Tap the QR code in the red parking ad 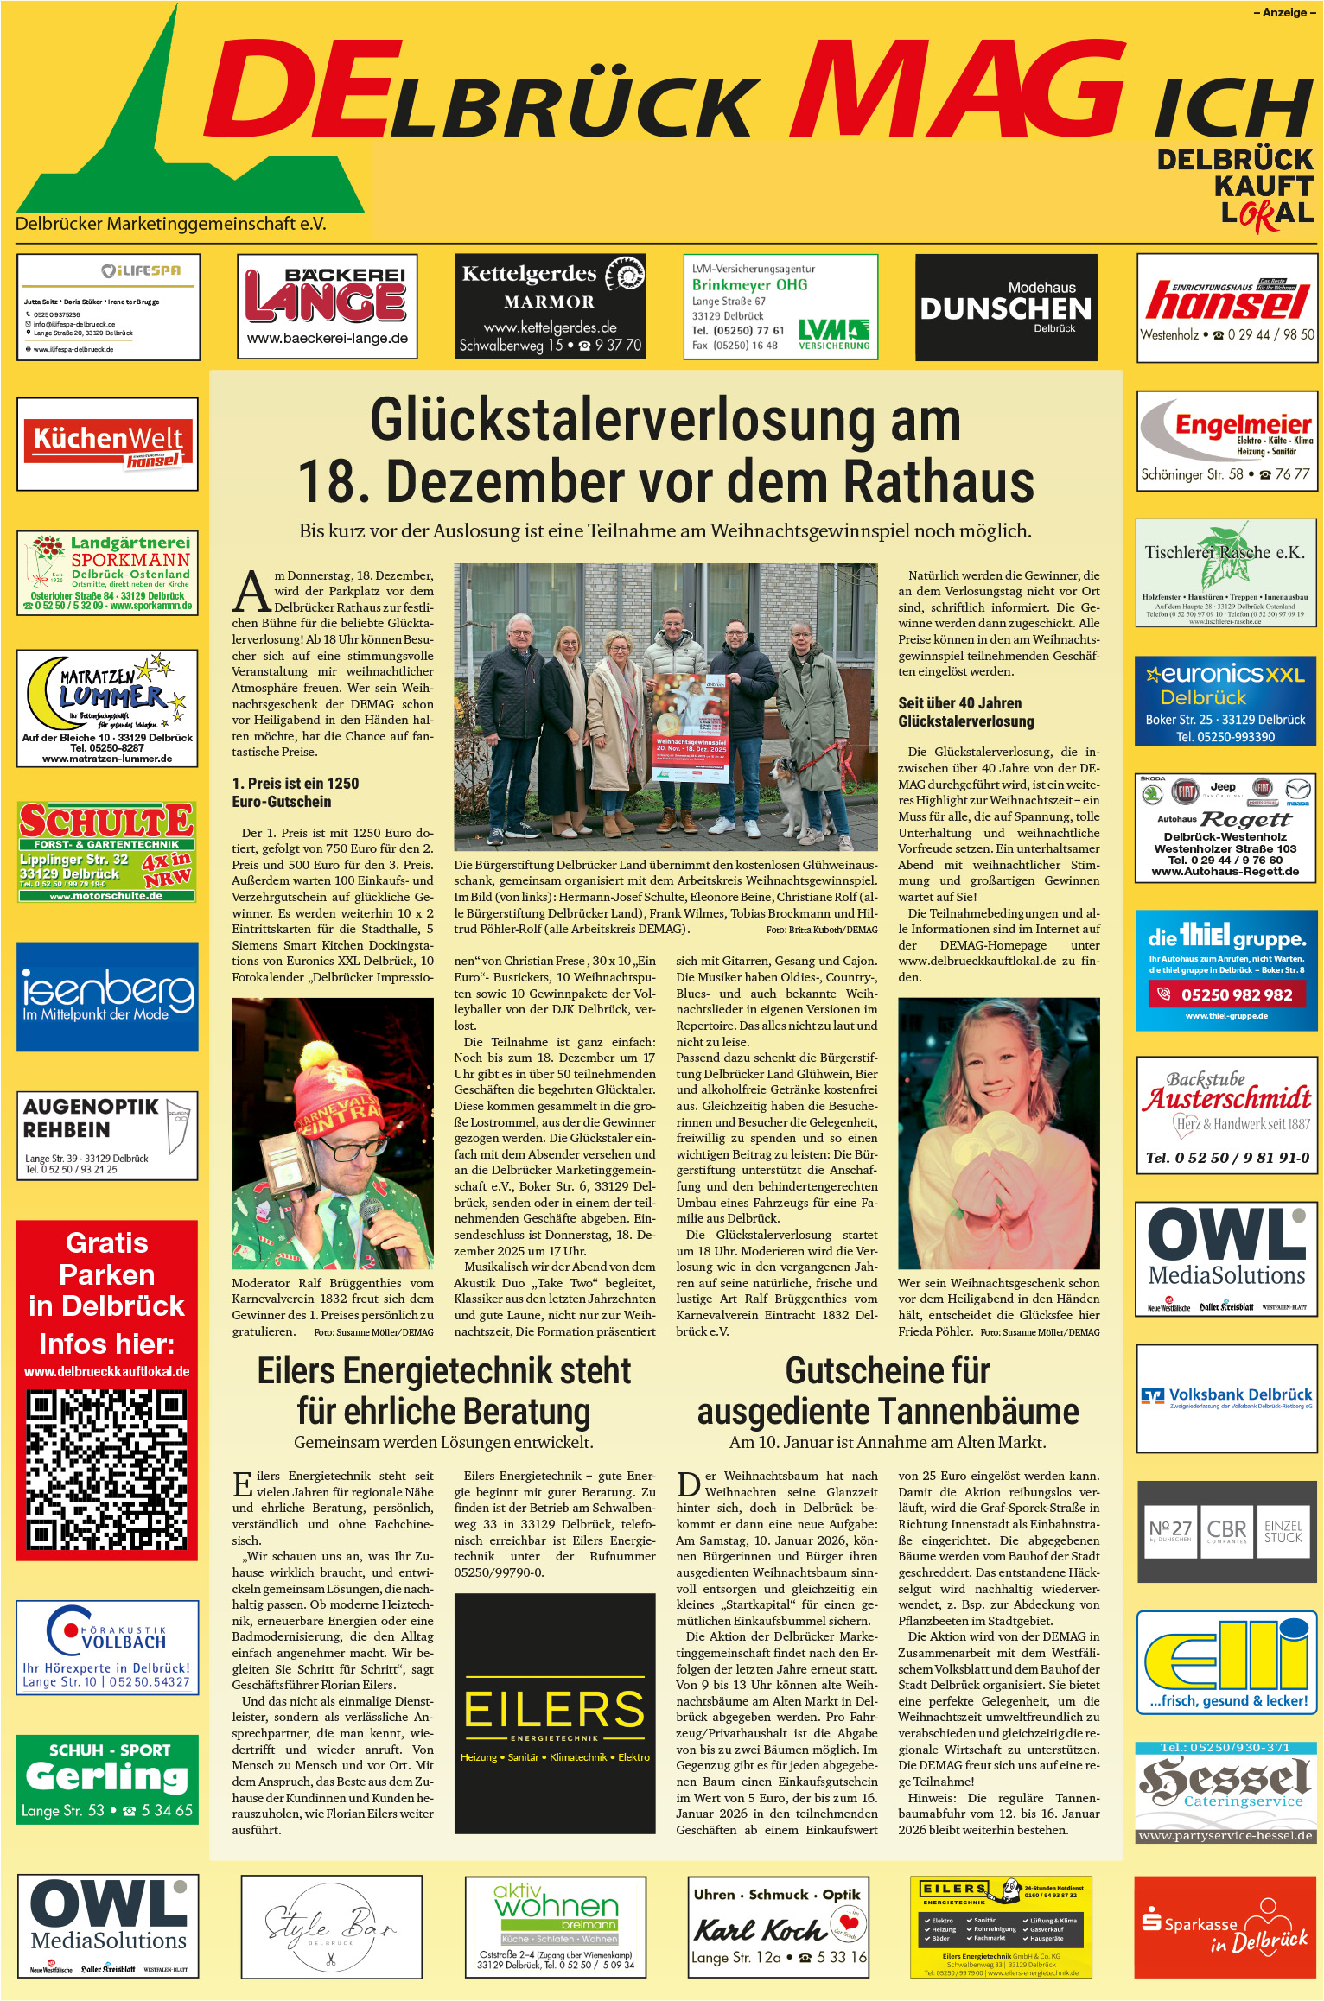pos(106,1469)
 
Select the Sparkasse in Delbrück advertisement pos(1225,1926)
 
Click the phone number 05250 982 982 pos(1236,994)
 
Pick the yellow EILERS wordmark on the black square pos(554,1710)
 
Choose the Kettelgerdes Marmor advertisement pos(550,307)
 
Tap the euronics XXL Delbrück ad pos(1225,701)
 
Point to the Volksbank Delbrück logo pos(1226,1395)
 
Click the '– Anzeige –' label pos(1284,12)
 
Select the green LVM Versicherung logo pos(833,333)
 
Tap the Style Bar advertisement pos(331,1926)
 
